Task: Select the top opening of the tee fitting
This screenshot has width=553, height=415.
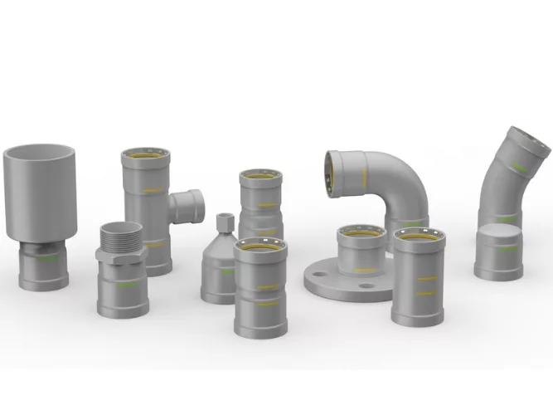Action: click(145, 156)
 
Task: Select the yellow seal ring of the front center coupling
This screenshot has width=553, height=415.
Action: click(260, 247)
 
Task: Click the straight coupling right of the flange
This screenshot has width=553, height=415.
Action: click(419, 274)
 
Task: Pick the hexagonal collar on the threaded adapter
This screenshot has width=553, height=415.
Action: click(123, 253)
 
